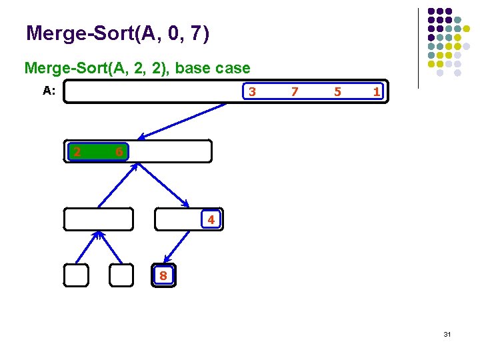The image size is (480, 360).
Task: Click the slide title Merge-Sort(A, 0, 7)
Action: [x=117, y=33]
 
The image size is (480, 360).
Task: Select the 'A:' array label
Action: [x=49, y=91]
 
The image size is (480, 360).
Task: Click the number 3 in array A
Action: [x=252, y=91]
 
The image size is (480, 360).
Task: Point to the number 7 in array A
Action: [x=295, y=91]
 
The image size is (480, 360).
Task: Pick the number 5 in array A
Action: [x=337, y=91]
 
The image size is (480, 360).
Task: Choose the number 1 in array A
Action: [x=377, y=91]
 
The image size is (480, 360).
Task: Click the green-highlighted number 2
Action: [x=77, y=152]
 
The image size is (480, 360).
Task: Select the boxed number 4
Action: [x=211, y=219]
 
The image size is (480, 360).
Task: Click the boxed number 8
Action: [x=163, y=275]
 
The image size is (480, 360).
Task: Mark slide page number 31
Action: [x=447, y=333]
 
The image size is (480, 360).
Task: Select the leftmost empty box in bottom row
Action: [x=76, y=275]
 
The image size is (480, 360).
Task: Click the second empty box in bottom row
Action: [x=121, y=275]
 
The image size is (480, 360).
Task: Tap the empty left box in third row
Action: [x=99, y=219]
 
